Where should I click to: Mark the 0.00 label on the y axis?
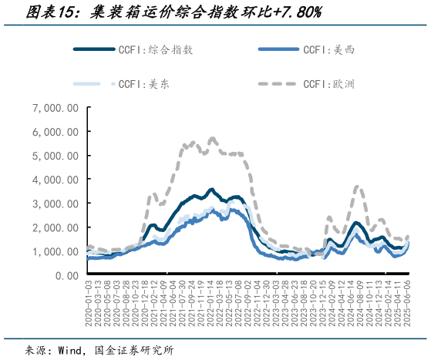(65, 276)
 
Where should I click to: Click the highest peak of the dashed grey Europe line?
(212, 139)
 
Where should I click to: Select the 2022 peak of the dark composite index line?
(210, 188)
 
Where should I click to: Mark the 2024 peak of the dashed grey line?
(358, 187)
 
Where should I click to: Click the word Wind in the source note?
(73, 349)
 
